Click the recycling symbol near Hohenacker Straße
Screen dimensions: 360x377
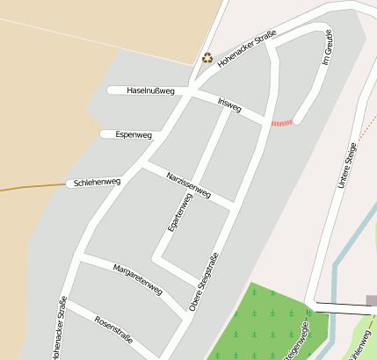tap(207, 58)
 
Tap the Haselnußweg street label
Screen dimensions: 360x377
tap(150, 90)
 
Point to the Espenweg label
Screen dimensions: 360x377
tap(134, 135)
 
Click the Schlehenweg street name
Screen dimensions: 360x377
tap(97, 183)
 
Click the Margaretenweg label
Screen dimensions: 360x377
tap(138, 277)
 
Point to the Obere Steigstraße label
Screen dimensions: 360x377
tap(203, 281)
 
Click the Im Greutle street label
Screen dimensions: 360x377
tap(330, 52)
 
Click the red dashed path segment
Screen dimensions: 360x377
tap(281, 123)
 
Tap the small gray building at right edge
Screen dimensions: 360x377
tap(372, 300)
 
